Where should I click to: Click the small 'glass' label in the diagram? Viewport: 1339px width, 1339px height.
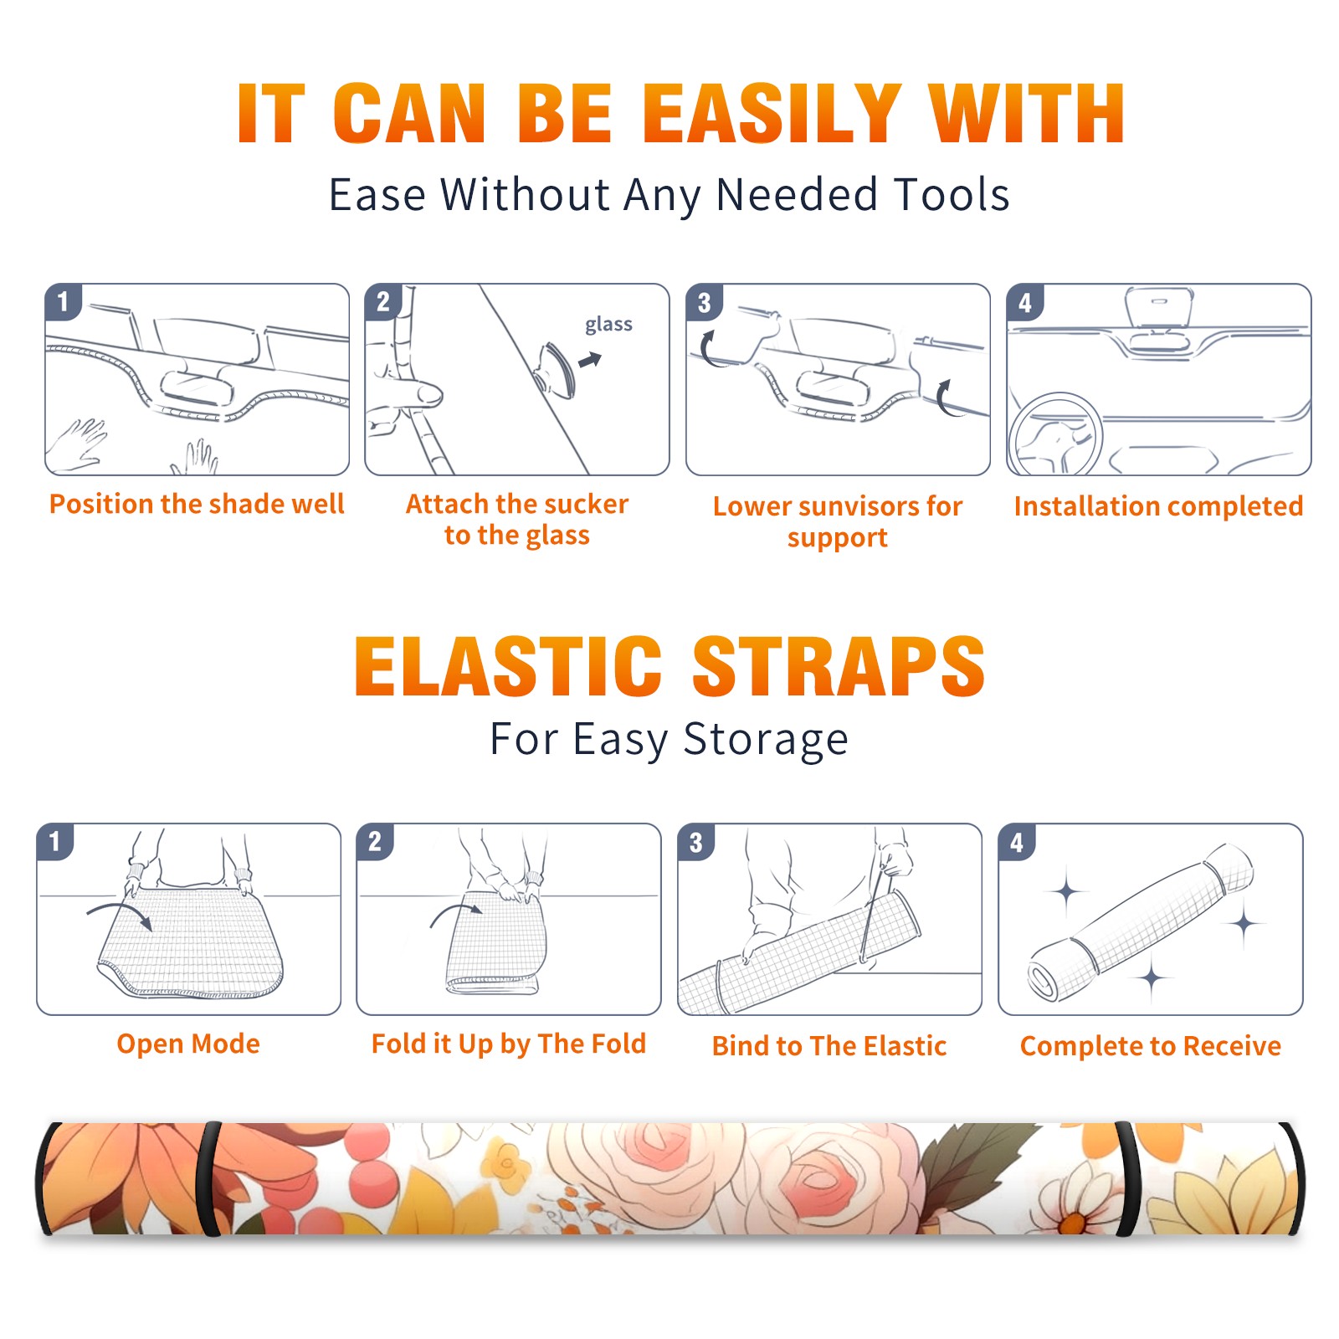(608, 325)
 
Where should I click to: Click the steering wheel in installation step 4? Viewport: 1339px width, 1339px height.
(1055, 434)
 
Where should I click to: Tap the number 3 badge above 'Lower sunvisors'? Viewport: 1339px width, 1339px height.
(704, 302)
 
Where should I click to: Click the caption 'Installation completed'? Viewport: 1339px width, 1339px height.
(1158, 505)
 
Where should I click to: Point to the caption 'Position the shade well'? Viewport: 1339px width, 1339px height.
(197, 504)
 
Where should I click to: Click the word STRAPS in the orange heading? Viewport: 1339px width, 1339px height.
(839, 666)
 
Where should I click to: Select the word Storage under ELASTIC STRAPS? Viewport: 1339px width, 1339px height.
(766, 740)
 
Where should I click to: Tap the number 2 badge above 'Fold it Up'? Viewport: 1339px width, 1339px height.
(375, 841)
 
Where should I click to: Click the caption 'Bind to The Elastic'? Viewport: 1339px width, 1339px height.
(829, 1045)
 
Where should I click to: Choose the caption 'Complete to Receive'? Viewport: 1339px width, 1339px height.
(1151, 1045)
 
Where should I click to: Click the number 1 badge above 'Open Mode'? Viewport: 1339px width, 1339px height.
(55, 841)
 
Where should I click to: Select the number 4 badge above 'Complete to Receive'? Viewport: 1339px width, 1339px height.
(1017, 842)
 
